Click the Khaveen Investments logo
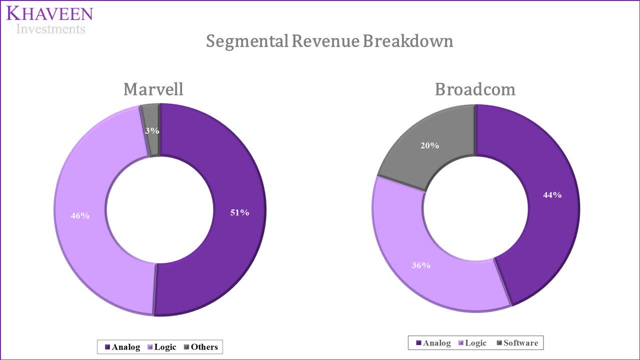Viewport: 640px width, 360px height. click(x=49, y=20)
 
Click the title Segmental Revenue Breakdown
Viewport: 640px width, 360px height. click(x=329, y=41)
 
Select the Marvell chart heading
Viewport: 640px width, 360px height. click(x=153, y=89)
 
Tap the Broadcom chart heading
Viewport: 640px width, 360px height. click(x=474, y=89)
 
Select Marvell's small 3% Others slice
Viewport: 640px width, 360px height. click(x=151, y=120)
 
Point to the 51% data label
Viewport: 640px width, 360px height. click(x=239, y=212)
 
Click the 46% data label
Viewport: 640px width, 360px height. click(x=80, y=215)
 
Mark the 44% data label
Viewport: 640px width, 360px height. click(x=552, y=195)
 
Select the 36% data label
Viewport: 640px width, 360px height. click(x=421, y=265)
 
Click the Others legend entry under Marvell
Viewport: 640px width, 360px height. click(x=201, y=347)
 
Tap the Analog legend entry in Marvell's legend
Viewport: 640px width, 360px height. click(x=122, y=347)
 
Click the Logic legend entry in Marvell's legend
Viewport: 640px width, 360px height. click(x=161, y=347)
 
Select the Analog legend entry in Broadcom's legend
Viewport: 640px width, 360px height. click(x=433, y=343)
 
